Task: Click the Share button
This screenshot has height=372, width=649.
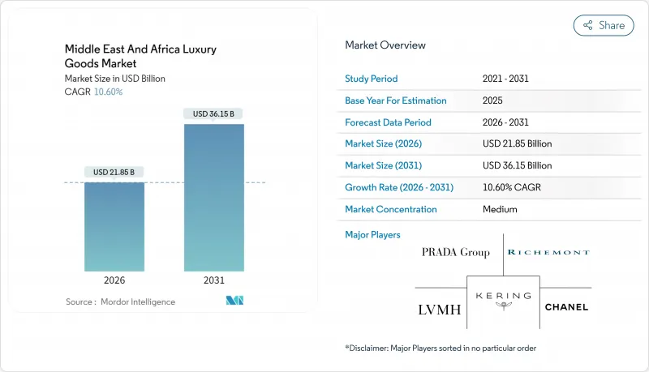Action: tap(604, 25)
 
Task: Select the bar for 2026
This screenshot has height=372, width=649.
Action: tap(114, 227)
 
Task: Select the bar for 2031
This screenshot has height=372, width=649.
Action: tap(214, 198)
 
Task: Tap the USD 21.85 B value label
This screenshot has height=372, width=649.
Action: tap(114, 172)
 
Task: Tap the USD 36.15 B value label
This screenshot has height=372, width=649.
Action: tap(214, 114)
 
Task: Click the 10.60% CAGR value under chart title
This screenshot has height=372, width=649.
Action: tap(108, 92)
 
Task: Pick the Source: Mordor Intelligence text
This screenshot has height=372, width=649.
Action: tap(120, 301)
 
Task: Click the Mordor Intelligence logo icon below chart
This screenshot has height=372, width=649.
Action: tap(235, 301)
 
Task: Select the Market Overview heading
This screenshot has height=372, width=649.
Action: tap(385, 45)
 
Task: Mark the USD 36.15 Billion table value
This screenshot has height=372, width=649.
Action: tap(517, 165)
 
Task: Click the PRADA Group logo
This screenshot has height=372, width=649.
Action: tap(456, 252)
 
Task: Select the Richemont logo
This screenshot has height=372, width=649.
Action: tap(548, 252)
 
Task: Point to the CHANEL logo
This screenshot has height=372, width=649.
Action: tap(566, 307)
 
